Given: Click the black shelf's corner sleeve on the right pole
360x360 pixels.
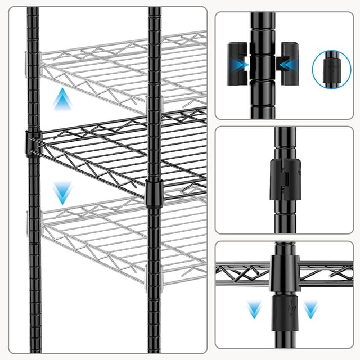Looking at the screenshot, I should [152, 192].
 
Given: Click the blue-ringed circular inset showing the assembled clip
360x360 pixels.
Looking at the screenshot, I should [331, 69].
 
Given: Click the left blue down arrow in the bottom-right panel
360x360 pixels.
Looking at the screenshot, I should [255, 309].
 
